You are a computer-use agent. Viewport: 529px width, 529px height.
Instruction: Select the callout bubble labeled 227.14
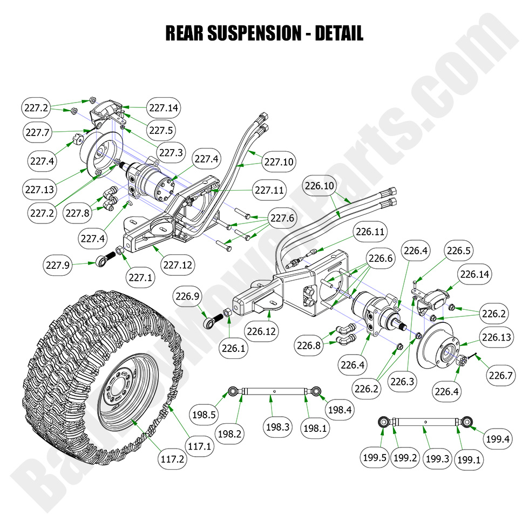pyautogui.click(x=164, y=107)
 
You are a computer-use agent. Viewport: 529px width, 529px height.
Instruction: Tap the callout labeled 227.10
pyautogui.click(x=279, y=161)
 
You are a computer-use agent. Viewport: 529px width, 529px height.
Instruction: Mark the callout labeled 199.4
pyautogui.click(x=497, y=439)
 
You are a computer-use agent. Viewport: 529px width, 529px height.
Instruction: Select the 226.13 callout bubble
pyautogui.click(x=497, y=337)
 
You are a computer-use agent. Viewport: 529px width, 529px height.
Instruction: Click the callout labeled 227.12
pyautogui.click(x=178, y=265)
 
